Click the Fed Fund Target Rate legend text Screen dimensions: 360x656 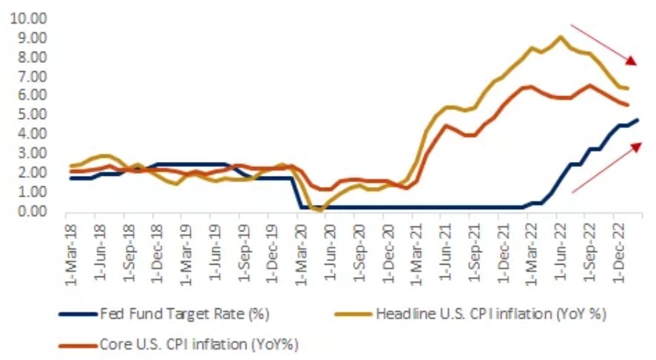pos(184,313)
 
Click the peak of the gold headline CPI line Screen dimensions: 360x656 pos(560,37)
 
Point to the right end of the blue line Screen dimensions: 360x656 pos(638,120)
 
